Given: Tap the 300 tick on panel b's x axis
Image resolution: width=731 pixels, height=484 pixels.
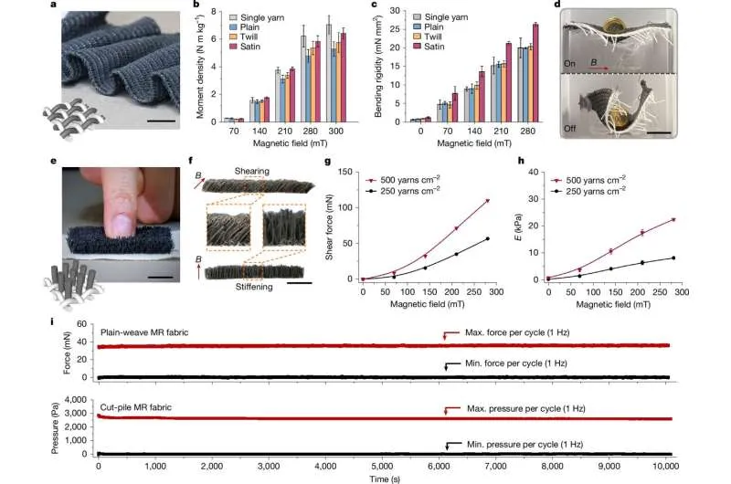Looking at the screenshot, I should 336,132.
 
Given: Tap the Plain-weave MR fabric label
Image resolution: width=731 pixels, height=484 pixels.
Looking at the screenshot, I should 147,331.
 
